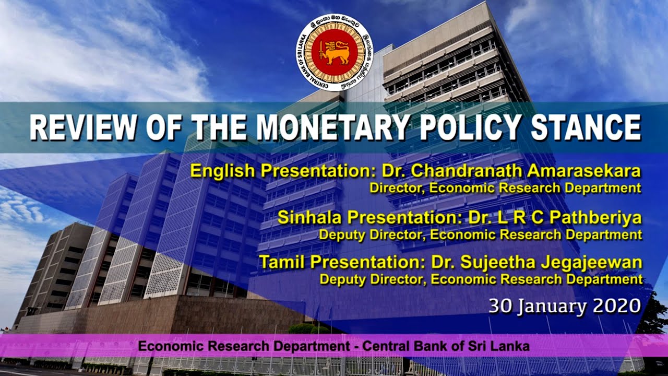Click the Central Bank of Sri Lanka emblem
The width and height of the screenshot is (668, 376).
[x=334, y=52]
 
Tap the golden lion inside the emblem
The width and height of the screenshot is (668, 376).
[x=335, y=53]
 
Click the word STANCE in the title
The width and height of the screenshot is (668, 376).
[x=587, y=127]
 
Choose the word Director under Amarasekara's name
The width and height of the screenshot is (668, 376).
[x=390, y=187]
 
